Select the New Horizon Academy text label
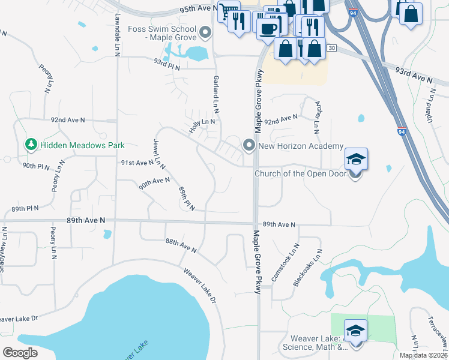[300, 146]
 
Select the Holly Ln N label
[202, 125]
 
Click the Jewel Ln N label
[159, 154]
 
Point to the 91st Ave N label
[137, 163]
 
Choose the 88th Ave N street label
[181, 245]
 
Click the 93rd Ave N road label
[414, 75]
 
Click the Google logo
[20, 353]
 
